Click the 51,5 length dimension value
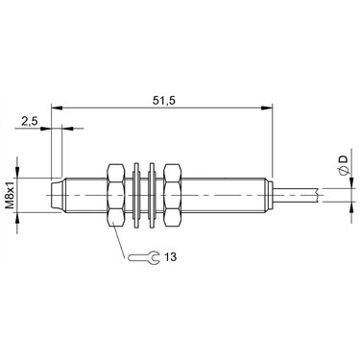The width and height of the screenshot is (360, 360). tap(164, 100)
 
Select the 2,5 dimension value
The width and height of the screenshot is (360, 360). tap(30, 121)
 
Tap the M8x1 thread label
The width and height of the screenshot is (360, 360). tap(11, 194)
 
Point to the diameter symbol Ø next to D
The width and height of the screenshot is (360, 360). tap(343, 171)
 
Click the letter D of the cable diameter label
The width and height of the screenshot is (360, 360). tap(343, 159)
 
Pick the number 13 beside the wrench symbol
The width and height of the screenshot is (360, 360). tap(171, 256)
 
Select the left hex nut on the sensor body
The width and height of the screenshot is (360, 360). tap(115, 195)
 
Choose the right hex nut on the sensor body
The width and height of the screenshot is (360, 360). tap(173, 195)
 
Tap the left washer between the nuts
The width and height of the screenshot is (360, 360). tap(136, 195)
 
